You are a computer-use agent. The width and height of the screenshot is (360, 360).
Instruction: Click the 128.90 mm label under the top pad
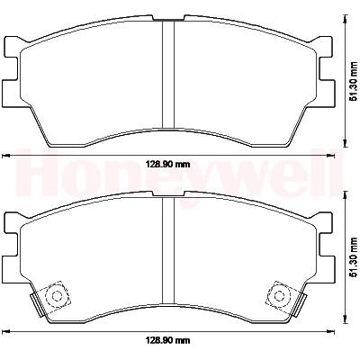pos(168,164)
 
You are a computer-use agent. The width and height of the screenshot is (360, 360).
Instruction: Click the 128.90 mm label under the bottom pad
pos(168,340)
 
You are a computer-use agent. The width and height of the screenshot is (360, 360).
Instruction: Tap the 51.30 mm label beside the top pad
pos(355,81)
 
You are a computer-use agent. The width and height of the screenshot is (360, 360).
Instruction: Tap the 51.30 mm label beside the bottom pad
pos(355,257)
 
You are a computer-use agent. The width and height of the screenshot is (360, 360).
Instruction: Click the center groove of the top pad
pos(168,74)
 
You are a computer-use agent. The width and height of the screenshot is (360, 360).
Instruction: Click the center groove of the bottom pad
pos(168,250)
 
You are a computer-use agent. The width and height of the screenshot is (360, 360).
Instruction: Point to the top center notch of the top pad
pos(168,19)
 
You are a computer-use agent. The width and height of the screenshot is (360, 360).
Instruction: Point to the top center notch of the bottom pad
pos(168,194)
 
